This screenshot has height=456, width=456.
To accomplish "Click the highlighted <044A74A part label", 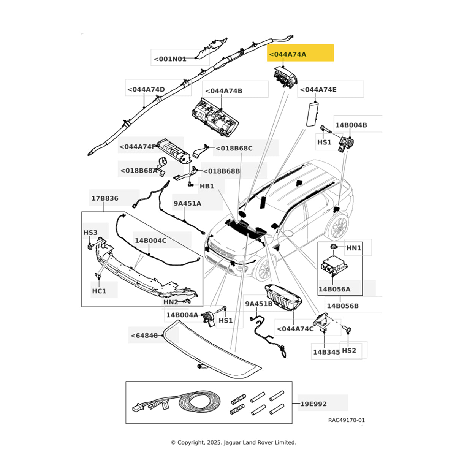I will pyautogui.click(x=288, y=54).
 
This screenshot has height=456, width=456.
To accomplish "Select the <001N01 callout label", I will pyautogui.click(x=170, y=59).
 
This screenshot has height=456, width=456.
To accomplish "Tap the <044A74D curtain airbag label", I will pyautogui.click(x=146, y=90).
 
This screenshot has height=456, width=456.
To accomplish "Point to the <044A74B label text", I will pyautogui.click(x=224, y=91).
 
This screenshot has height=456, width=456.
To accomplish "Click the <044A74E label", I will pyautogui.click(x=318, y=90).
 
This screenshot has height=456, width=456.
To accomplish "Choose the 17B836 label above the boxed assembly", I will pyautogui.click(x=104, y=198).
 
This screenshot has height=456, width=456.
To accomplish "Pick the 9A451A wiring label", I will pyautogui.click(x=187, y=203).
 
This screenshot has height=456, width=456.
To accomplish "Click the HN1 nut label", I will pyautogui.click(x=354, y=248).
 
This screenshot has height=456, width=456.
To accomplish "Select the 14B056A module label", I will pyautogui.click(x=334, y=289).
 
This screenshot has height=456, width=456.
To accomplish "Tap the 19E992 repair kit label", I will pyautogui.click(x=313, y=404).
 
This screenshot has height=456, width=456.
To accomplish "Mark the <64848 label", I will pyautogui.click(x=144, y=336).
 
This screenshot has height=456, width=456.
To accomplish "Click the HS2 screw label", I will pyautogui.click(x=349, y=350).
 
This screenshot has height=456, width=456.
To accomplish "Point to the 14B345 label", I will pyautogui.click(x=326, y=352).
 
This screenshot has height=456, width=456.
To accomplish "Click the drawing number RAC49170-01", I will pyautogui.click(x=346, y=420).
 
